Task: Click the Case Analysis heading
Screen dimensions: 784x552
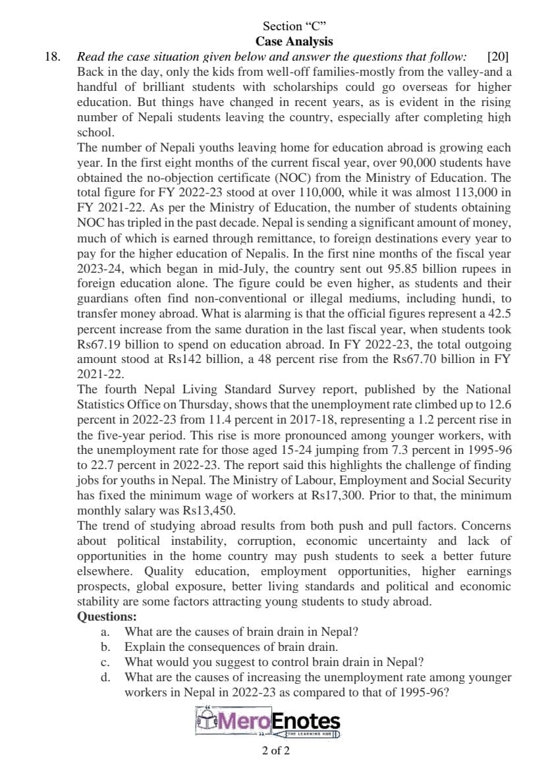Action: (294, 42)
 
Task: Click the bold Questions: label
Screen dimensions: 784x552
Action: (107, 617)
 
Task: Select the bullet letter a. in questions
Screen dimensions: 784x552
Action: (105, 632)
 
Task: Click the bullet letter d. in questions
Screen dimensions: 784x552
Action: (105, 677)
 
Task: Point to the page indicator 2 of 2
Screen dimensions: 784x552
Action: (275, 751)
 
